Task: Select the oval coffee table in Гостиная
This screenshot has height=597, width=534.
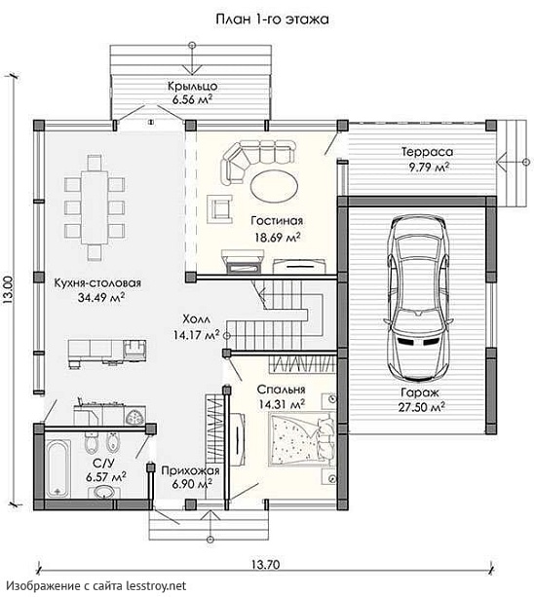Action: pyautogui.click(x=274, y=187)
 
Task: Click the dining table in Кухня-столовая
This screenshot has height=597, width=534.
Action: pyautogui.click(x=95, y=207)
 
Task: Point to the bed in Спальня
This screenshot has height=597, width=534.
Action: pyautogui.click(x=301, y=440)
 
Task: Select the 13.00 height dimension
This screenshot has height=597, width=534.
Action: pyautogui.click(x=9, y=290)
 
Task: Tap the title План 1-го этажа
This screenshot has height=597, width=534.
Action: pyautogui.click(x=272, y=19)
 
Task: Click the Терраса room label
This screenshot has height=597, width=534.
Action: pyautogui.click(x=428, y=152)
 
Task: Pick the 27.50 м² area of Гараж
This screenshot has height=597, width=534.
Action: pyautogui.click(x=422, y=407)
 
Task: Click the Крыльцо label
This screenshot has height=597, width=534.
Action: pyautogui.click(x=193, y=86)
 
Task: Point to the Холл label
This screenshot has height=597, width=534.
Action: pyautogui.click(x=196, y=318)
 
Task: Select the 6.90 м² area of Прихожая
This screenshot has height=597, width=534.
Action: pyautogui.click(x=192, y=484)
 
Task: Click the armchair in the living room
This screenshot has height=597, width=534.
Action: pyautogui.click(x=220, y=209)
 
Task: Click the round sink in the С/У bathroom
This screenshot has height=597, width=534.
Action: pyautogui.click(x=102, y=492)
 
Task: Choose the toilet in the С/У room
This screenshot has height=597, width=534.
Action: pyautogui.click(x=91, y=443)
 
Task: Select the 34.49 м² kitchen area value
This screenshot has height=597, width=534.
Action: pyautogui.click(x=101, y=298)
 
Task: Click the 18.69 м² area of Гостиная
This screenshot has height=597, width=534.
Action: pyautogui.click(x=278, y=238)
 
